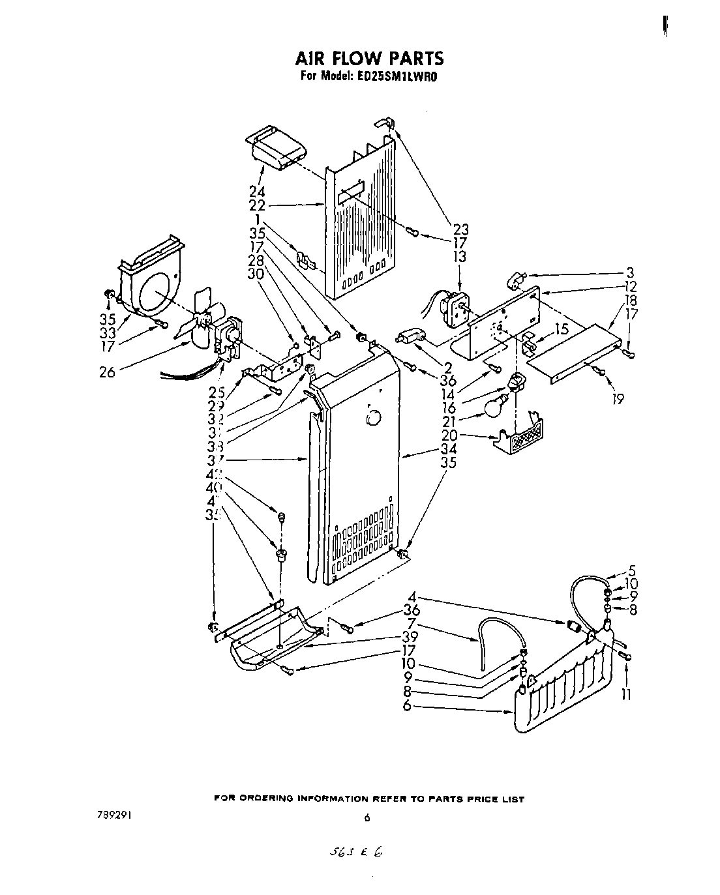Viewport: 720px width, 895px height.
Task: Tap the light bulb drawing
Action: [x=496, y=406]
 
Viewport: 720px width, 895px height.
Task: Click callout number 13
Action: [x=460, y=256]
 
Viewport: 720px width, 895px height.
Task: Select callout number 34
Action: [x=448, y=448]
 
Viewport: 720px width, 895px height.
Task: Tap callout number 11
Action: [x=626, y=695]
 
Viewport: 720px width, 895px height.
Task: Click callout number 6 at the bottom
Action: [x=407, y=705]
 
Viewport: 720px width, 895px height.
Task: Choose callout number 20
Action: [x=448, y=435]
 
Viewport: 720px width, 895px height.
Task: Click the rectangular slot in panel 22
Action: [x=351, y=190]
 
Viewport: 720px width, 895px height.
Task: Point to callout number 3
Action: [x=629, y=272]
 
